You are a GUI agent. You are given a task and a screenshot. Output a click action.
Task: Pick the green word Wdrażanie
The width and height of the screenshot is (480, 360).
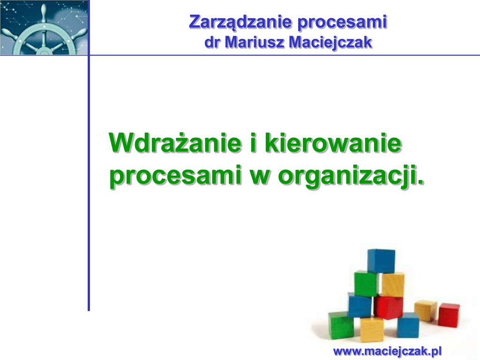tap(175, 143)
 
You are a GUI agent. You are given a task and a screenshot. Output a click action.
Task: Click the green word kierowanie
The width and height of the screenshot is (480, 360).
tap(333, 143)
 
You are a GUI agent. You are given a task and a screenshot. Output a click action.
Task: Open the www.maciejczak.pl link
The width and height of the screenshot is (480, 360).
tap(387, 351)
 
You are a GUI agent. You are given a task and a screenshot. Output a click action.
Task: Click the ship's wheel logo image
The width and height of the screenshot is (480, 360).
tap(44, 28)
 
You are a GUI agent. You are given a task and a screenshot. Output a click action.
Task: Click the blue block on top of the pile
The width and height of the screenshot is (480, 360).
tap(381, 261)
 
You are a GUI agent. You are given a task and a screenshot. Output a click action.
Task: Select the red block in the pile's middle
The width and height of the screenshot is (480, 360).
tap(388, 307)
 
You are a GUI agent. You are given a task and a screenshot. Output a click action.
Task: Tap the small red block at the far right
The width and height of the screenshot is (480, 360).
tap(449, 315)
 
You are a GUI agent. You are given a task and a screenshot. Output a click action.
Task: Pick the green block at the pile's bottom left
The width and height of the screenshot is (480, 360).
tap(341, 325)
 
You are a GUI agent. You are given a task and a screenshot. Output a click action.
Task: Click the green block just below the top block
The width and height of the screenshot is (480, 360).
tap(366, 284)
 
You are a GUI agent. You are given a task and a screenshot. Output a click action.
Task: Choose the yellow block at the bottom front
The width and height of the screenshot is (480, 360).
tap(372, 330)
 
